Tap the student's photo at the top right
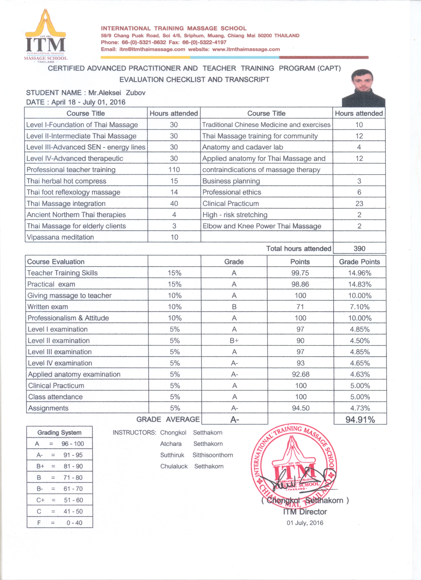(364, 88)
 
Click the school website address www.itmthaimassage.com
(246, 49)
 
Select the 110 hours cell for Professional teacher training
(174, 170)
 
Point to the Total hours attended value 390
(359, 248)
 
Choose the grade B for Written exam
(234, 307)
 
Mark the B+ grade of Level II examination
(234, 340)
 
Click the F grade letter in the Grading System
(39, 522)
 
